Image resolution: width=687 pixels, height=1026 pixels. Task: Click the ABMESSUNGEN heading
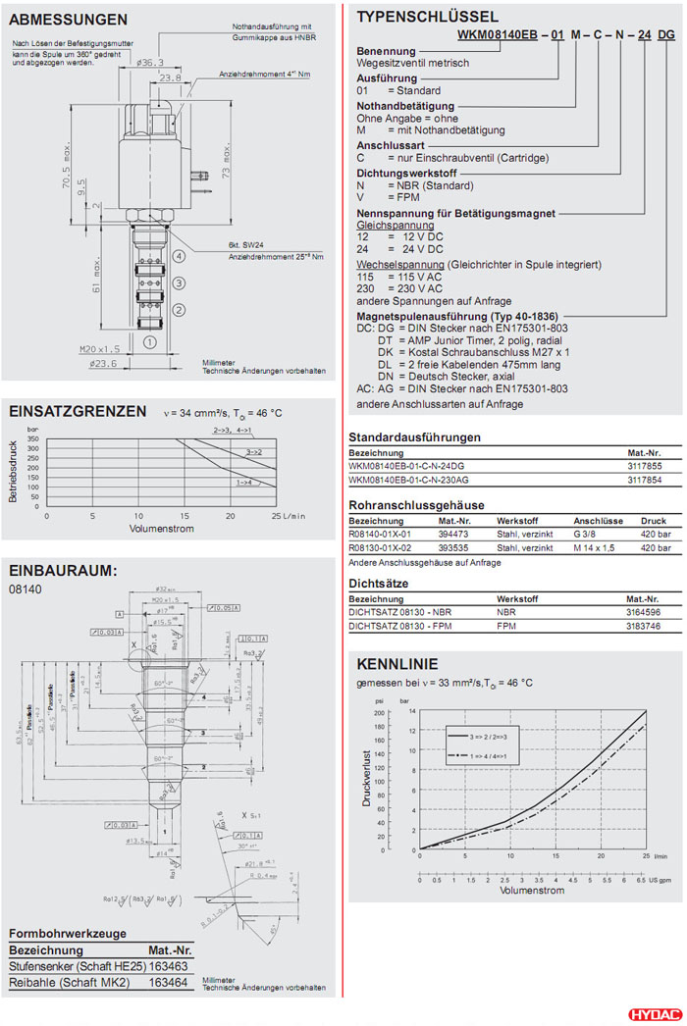68,19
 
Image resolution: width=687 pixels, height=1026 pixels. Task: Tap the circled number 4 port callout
179,256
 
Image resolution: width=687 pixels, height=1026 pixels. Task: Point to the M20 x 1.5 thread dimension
99,348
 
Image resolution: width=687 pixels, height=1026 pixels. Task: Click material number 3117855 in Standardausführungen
644,466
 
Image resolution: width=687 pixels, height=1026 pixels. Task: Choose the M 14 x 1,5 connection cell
595,547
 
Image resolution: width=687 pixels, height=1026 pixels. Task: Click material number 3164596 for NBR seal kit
644,611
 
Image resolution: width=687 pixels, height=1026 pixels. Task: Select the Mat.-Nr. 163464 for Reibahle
168,982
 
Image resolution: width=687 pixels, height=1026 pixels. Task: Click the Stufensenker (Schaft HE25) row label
69,966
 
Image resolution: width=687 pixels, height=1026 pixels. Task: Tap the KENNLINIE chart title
397,664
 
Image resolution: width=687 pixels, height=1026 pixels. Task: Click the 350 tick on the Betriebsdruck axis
33,439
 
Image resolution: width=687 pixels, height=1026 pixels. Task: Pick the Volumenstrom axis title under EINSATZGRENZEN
161,528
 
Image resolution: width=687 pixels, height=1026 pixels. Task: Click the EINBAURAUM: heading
63,570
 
